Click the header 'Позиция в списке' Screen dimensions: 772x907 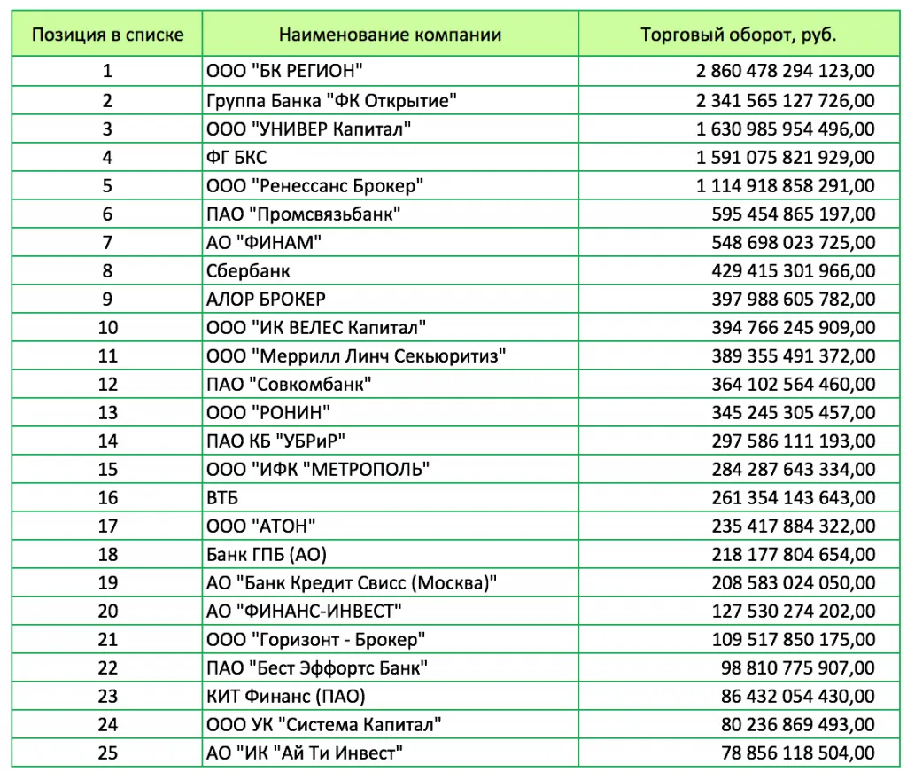108,35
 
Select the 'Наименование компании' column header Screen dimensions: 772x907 390,35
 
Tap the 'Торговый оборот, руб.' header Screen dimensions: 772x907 738,35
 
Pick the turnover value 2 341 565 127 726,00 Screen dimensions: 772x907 786,100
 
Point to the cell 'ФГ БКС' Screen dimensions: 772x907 236,157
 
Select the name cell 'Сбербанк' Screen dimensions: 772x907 248,270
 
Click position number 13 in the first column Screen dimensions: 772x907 108,412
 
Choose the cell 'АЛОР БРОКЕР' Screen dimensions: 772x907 266,299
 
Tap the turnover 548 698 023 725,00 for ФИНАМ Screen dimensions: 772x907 793,242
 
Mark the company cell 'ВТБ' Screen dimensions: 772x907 222,497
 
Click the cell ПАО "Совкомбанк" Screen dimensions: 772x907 289,384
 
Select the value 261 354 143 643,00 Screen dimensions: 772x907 793,497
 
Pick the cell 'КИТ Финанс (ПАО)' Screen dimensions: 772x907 285,696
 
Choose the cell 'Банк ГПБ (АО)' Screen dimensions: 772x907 267,554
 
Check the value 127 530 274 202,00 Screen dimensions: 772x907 793,611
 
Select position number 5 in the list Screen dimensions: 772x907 108,185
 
